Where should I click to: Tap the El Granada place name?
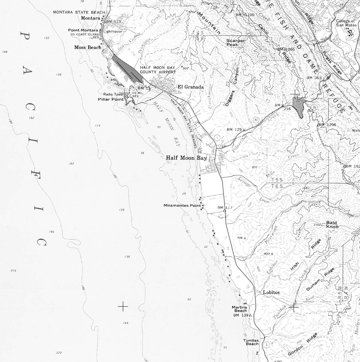tap(190, 87)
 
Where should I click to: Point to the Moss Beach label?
tap(88, 47)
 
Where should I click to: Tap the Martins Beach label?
tap(239, 309)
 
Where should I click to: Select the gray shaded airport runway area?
tap(126, 68)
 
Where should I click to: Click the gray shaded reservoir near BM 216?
tap(299, 107)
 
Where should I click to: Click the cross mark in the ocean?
tap(123, 306)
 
